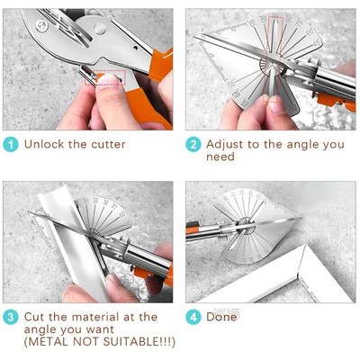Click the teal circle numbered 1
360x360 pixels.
point(10,144)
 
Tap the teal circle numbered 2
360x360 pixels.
point(193,144)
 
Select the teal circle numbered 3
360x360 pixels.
point(10,317)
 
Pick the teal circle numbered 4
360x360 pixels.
point(193,317)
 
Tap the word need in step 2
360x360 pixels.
point(220,157)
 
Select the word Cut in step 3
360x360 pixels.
point(35,317)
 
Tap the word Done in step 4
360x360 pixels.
point(221,317)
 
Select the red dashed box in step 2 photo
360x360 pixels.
point(274,30)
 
